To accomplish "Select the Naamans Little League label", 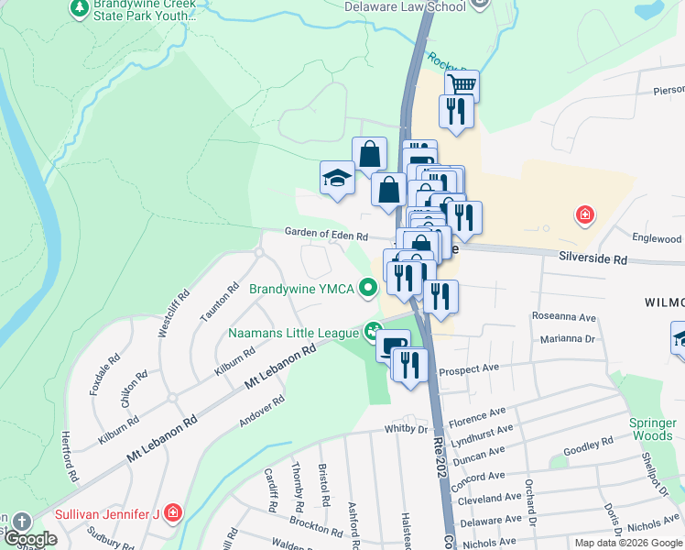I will point(293,332).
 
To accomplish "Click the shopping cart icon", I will point(462,85).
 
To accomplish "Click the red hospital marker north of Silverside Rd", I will point(583,216).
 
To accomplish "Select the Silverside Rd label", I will point(593,259).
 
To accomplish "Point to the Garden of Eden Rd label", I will point(325,235).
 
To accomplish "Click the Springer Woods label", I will point(652,429).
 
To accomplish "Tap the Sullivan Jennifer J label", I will point(107,513).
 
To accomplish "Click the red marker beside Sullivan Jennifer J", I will point(171,513).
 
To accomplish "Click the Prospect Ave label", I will point(468,371).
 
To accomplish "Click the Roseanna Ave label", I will point(565,317).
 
